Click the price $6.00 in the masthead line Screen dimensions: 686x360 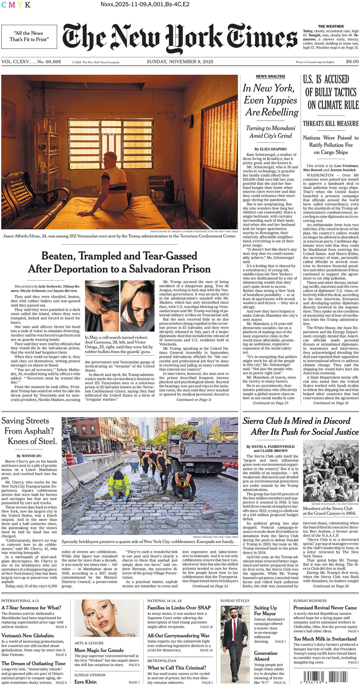[352, 62]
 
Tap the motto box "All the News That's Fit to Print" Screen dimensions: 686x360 [29, 37]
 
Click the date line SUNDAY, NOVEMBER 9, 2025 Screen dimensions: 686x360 [180, 62]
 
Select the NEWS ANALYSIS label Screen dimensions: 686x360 [270, 77]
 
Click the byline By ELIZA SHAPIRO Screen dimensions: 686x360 [270, 149]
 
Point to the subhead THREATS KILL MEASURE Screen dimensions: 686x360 [331, 123]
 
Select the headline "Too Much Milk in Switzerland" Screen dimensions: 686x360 [325, 639]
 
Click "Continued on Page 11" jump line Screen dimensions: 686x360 [194, 400]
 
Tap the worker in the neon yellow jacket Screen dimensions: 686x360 [119, 484]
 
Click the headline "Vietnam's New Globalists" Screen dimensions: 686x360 [28, 636]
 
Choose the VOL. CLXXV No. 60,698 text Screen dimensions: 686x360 [31, 62]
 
